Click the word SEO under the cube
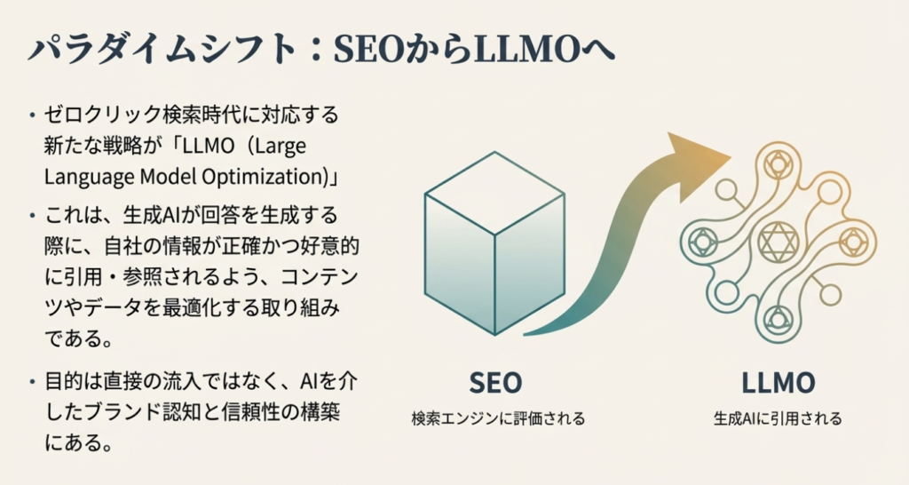pos(494,384)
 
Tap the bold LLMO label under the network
pos(778,384)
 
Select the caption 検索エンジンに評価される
pos(498,417)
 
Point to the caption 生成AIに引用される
pos(778,417)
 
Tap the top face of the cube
pos(494,190)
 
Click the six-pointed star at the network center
pos(778,238)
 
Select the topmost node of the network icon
pos(778,163)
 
